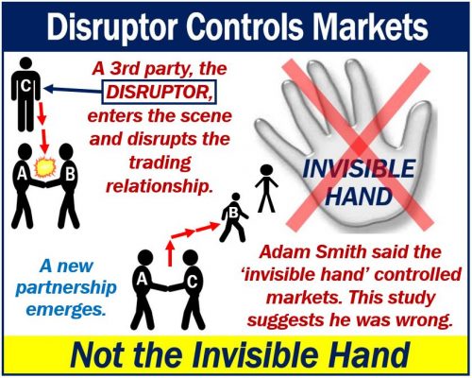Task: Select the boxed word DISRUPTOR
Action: (x=159, y=92)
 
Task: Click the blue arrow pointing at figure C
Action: (x=73, y=90)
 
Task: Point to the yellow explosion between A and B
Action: (x=45, y=167)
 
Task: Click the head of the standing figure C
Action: (x=25, y=63)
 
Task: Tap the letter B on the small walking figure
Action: (x=233, y=213)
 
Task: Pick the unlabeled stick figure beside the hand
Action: (x=266, y=188)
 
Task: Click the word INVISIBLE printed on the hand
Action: (x=359, y=169)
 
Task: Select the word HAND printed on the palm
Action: (x=360, y=197)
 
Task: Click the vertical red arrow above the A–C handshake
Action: (x=170, y=253)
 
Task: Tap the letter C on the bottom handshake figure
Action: (x=192, y=283)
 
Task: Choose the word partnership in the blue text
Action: (x=66, y=288)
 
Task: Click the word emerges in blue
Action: (x=65, y=310)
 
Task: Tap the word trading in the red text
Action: (x=160, y=163)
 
